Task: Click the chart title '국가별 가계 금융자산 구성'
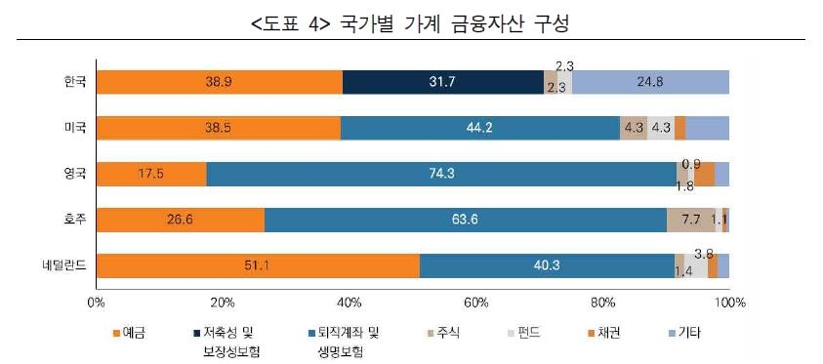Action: [411, 20]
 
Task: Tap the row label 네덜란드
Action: [65, 265]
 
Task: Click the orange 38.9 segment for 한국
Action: [219, 83]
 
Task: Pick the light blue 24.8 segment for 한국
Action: [650, 83]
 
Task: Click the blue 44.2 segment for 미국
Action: [479, 128]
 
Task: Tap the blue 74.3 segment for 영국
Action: [440, 174]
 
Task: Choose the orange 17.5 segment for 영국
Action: [151, 174]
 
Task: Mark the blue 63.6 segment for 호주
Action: [465, 220]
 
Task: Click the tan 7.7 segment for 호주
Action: [690, 220]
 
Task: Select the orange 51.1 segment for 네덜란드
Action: [258, 265]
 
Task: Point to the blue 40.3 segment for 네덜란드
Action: [547, 265]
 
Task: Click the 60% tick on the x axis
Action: [475, 303]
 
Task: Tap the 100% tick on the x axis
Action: [727, 303]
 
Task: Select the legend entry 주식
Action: [494, 333]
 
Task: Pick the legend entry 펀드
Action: [558, 333]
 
